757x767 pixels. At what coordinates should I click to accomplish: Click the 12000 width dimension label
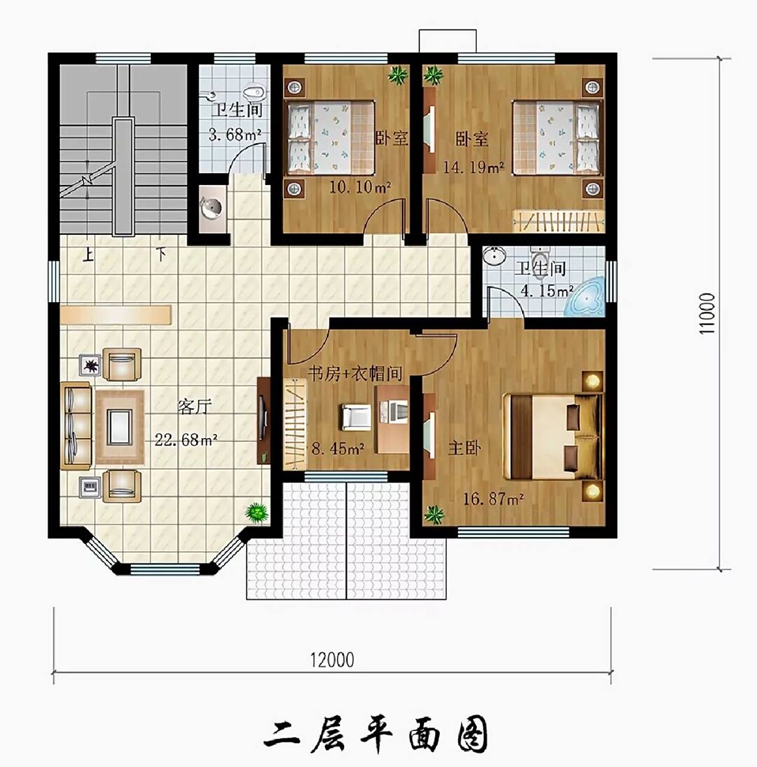(332, 660)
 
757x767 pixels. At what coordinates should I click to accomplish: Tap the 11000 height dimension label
(708, 313)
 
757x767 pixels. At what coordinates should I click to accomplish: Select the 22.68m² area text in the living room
(186, 440)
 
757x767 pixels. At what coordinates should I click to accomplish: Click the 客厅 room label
(195, 407)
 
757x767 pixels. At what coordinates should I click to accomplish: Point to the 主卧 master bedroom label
(465, 448)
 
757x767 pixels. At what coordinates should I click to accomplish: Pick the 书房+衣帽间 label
(355, 374)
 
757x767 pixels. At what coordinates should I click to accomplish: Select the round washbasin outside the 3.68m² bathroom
(211, 209)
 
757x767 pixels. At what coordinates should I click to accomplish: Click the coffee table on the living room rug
(119, 427)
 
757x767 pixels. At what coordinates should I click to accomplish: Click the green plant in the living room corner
(256, 512)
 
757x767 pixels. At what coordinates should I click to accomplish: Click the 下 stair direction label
(161, 254)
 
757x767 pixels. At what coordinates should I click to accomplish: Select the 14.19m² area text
(473, 167)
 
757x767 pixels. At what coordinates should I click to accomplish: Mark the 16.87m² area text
(493, 499)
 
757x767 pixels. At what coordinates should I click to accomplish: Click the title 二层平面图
(376, 734)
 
